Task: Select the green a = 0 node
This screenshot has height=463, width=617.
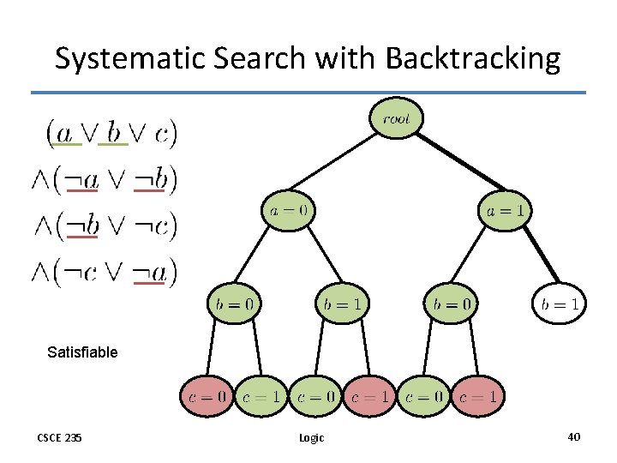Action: (288, 210)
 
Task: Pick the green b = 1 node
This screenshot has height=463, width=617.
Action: (343, 304)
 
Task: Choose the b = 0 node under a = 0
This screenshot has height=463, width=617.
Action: (234, 304)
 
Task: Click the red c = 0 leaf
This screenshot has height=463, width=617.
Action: (207, 397)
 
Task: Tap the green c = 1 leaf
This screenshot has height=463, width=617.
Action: (261, 397)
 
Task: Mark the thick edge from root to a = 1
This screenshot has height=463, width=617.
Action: (454, 167)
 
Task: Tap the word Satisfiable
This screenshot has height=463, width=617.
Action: (82, 352)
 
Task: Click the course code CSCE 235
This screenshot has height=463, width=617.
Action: (60, 437)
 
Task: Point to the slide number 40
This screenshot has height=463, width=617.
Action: (573, 437)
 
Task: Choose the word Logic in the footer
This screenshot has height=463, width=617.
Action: (311, 438)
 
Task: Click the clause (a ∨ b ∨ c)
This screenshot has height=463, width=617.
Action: (111, 132)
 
